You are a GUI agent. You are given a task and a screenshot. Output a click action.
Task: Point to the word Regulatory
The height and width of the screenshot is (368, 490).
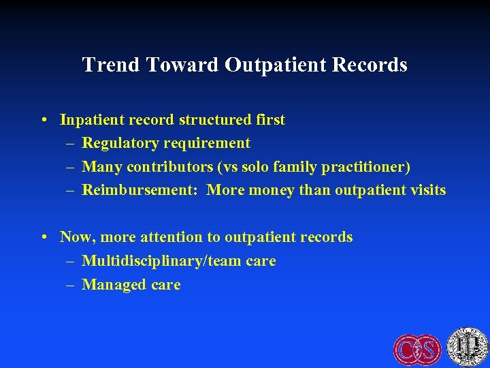(119, 143)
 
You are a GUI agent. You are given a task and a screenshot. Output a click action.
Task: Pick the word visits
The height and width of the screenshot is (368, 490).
(426, 189)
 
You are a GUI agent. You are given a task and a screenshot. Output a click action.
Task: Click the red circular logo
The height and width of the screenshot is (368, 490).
(416, 349)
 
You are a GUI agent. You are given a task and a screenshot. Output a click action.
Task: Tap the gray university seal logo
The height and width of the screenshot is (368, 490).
(466, 346)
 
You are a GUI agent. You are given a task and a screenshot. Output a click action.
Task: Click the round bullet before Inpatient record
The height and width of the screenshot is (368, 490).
(44, 121)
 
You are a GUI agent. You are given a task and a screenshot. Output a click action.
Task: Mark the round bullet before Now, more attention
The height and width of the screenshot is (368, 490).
(44, 238)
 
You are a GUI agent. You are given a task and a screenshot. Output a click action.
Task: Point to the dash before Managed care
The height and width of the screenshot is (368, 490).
(70, 285)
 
